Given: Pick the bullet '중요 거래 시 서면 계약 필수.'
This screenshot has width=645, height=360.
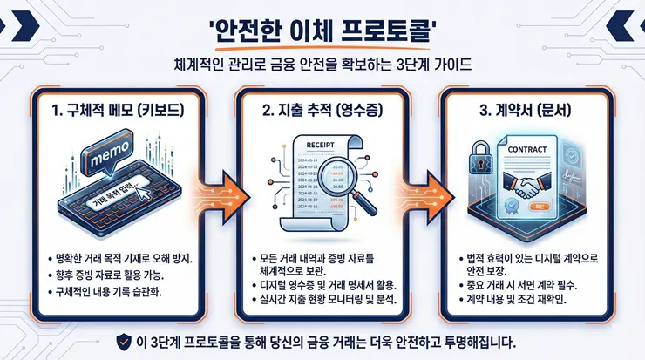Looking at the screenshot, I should pyautogui.click(x=524, y=284).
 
